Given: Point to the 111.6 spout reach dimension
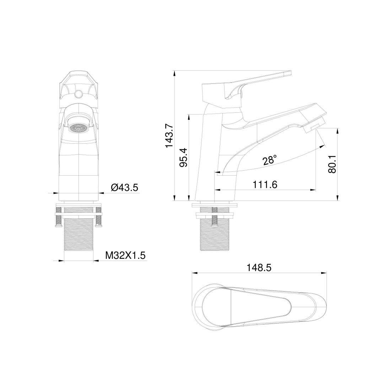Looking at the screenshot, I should click(265, 185).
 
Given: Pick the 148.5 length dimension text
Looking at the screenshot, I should click(259, 268).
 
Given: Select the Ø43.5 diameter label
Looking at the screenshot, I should click(124, 187).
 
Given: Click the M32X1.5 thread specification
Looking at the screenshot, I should click(125, 255).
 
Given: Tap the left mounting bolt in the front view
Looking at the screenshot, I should click(57, 220).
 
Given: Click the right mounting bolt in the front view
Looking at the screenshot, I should click(99, 220).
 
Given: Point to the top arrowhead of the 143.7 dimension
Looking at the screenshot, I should click(174, 73).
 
